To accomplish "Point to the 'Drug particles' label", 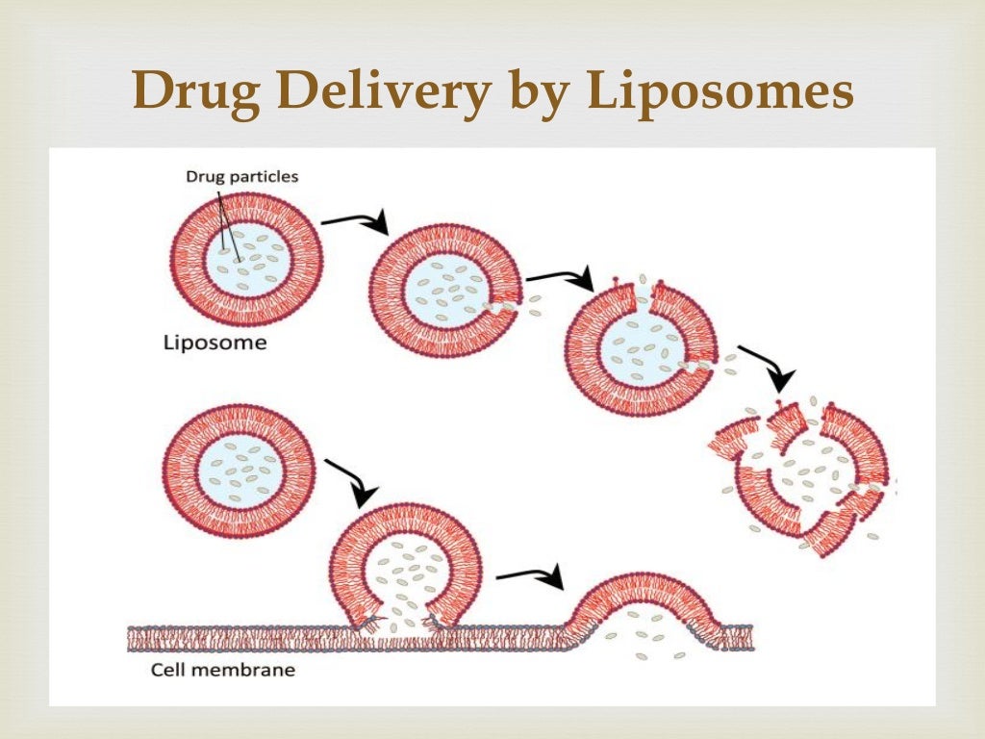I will click(242, 176).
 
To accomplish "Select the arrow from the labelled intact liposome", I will click(355, 222).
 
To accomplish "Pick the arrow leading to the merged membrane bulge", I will click(531, 576).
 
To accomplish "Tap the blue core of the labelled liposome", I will click(247, 259).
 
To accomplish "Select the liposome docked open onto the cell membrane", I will click(405, 568).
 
